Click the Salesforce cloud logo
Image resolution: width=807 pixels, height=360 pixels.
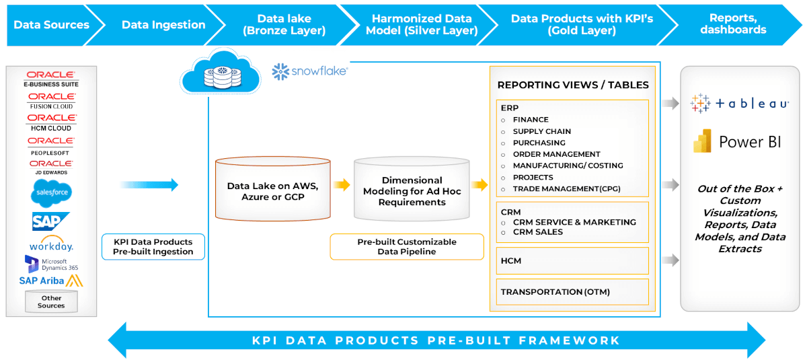(x=51, y=194)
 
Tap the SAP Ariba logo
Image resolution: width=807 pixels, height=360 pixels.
(x=51, y=280)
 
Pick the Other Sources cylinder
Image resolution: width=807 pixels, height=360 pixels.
(x=51, y=301)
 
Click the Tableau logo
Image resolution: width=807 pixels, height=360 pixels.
(x=740, y=104)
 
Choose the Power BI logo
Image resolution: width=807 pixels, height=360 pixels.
(x=738, y=141)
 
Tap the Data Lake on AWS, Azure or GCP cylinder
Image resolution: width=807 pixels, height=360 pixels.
(x=272, y=189)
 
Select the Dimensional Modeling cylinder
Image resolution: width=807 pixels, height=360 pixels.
(x=412, y=189)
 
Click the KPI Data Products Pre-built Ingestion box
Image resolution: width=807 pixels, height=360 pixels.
(x=153, y=246)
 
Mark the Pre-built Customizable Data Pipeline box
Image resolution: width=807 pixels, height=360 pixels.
(x=406, y=246)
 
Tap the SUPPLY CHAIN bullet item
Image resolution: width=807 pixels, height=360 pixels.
(x=542, y=131)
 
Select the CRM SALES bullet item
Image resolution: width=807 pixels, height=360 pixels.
(x=538, y=232)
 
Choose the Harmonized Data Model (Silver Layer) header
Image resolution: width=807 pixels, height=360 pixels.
(x=422, y=25)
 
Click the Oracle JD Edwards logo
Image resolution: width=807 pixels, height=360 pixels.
(x=51, y=167)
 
